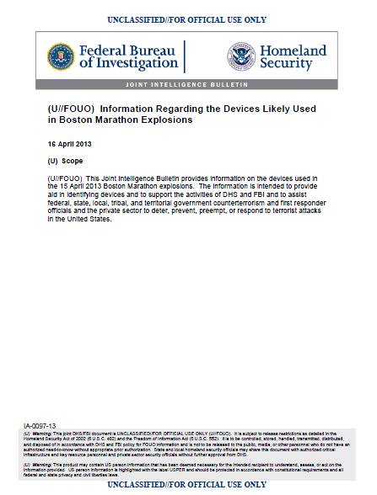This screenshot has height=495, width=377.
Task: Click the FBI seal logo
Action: tap(62, 56)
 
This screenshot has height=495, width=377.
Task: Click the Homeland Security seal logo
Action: tap(241, 56)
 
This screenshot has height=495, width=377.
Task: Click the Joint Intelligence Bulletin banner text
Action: tap(188, 86)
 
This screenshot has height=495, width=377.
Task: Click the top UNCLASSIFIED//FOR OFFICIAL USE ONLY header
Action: tap(188, 18)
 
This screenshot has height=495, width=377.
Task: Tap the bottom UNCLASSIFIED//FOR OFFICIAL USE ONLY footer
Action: tap(188, 486)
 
